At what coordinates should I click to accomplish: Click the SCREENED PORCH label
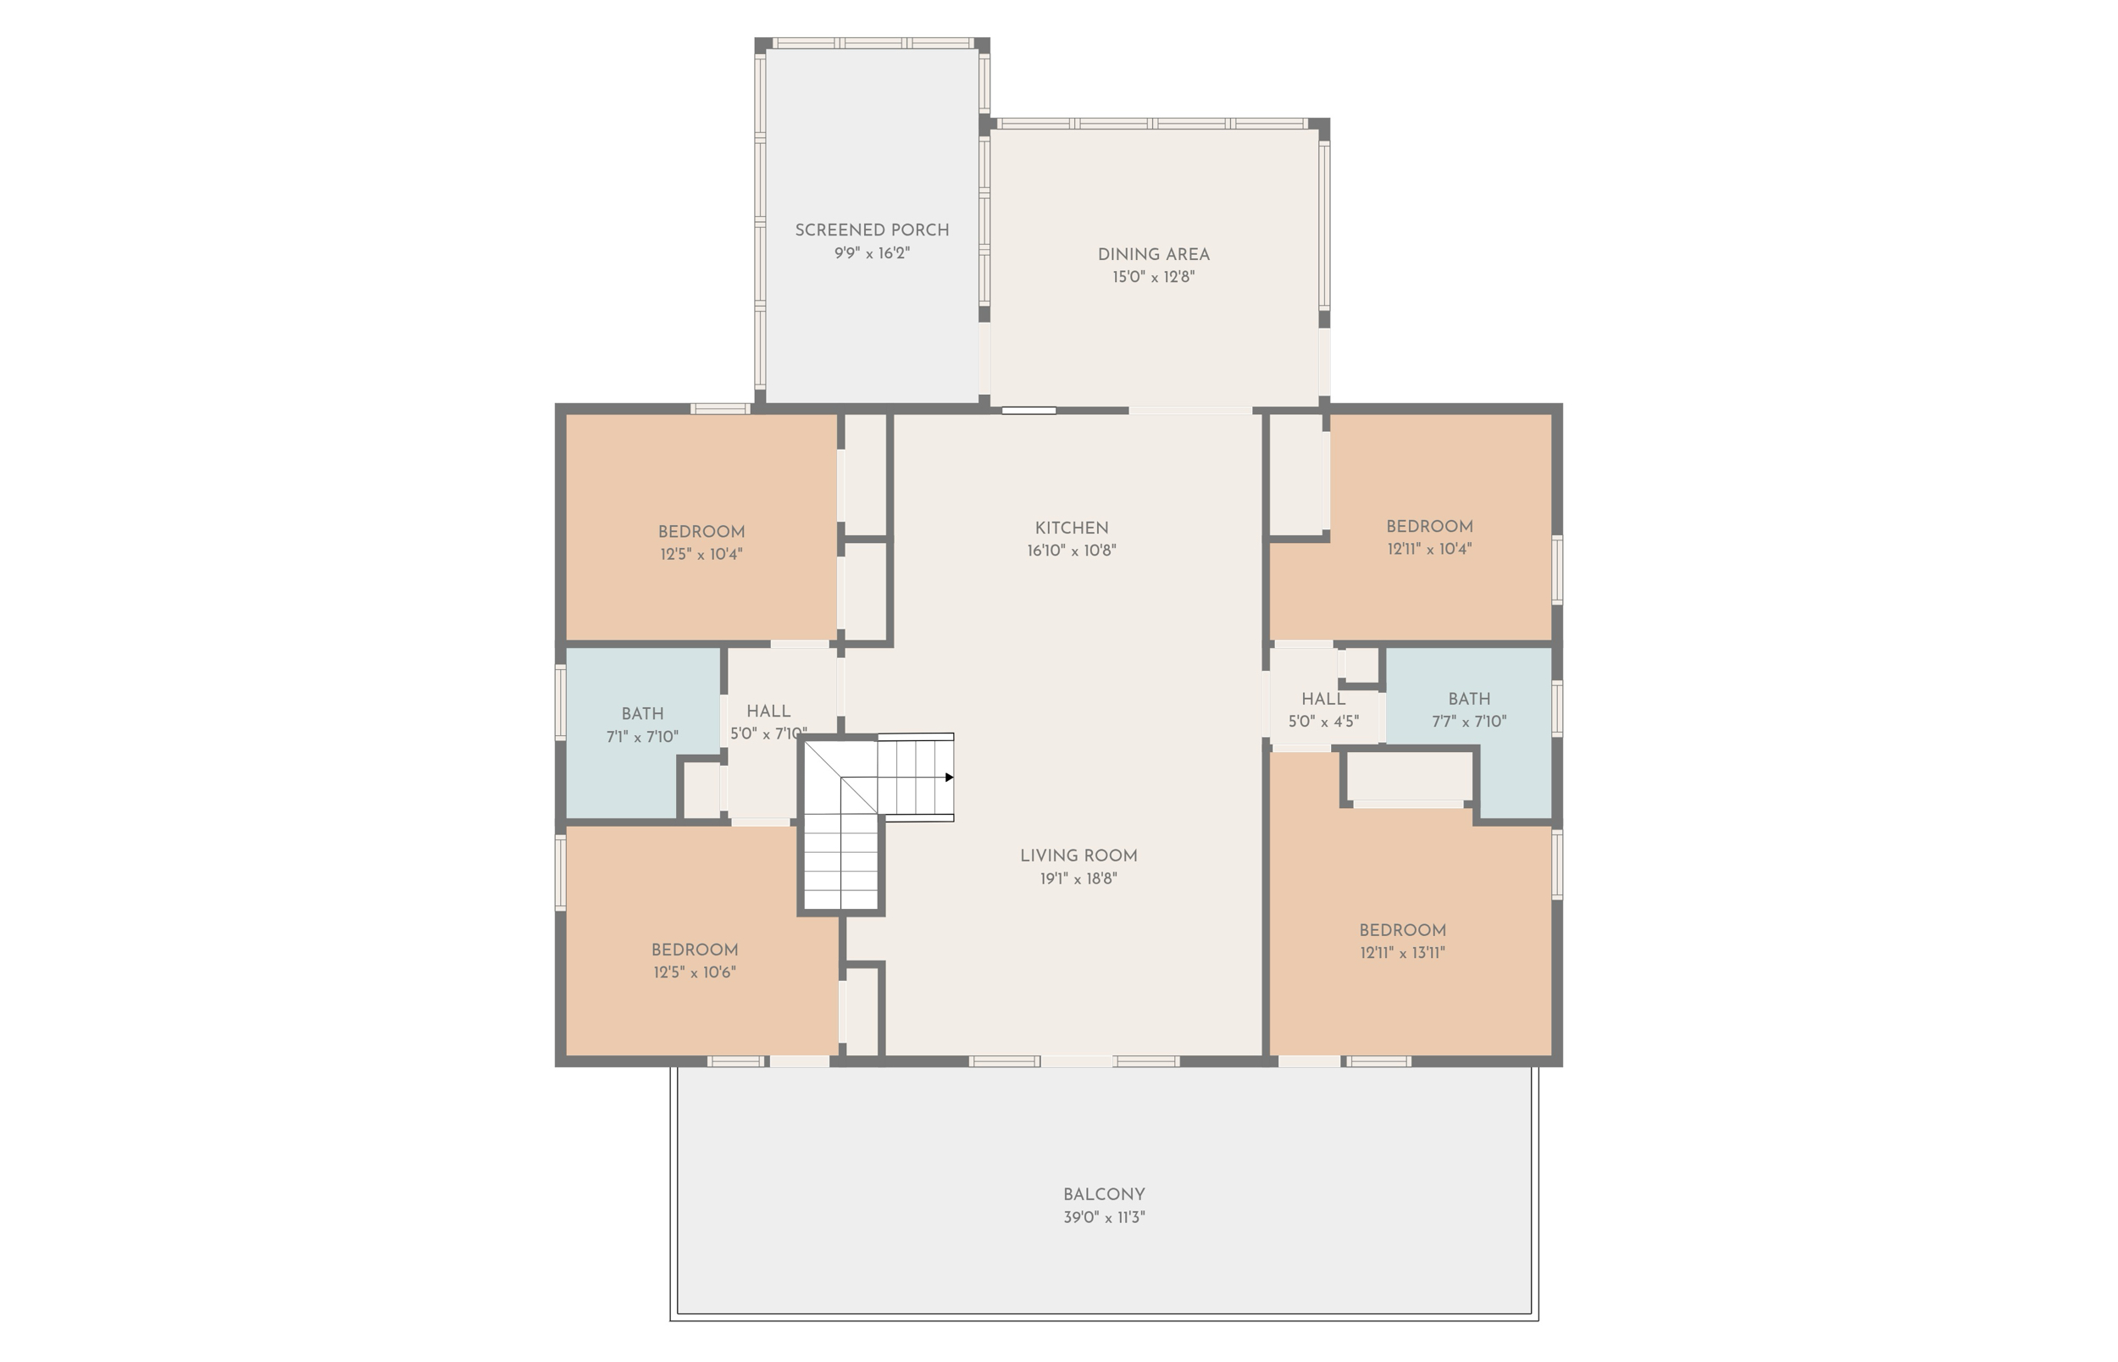tap(871, 230)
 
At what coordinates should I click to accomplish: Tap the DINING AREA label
tap(1153, 254)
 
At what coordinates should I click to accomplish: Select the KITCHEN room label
tap(1071, 528)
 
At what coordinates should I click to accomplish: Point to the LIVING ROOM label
tap(1078, 855)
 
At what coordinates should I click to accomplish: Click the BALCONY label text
tap(1104, 1194)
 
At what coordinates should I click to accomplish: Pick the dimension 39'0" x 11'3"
tap(1104, 1218)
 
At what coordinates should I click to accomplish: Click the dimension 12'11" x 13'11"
tap(1403, 954)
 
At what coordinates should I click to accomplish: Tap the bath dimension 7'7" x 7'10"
tap(1469, 722)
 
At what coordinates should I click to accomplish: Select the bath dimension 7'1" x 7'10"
tap(642, 737)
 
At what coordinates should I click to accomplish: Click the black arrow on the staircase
tap(949, 778)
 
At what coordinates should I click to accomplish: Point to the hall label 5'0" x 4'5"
tap(1323, 722)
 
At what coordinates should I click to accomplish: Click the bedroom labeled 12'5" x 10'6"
tap(694, 950)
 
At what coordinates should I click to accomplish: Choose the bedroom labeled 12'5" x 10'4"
tap(701, 532)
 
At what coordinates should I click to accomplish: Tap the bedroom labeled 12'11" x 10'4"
tap(1429, 526)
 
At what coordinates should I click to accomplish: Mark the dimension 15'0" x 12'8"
tap(1153, 278)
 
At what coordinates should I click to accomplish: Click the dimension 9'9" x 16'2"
tap(871, 254)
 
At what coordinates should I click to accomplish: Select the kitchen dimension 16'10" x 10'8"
tap(1071, 551)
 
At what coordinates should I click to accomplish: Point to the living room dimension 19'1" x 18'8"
tap(1078, 879)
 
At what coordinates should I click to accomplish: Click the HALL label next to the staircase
tap(768, 711)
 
